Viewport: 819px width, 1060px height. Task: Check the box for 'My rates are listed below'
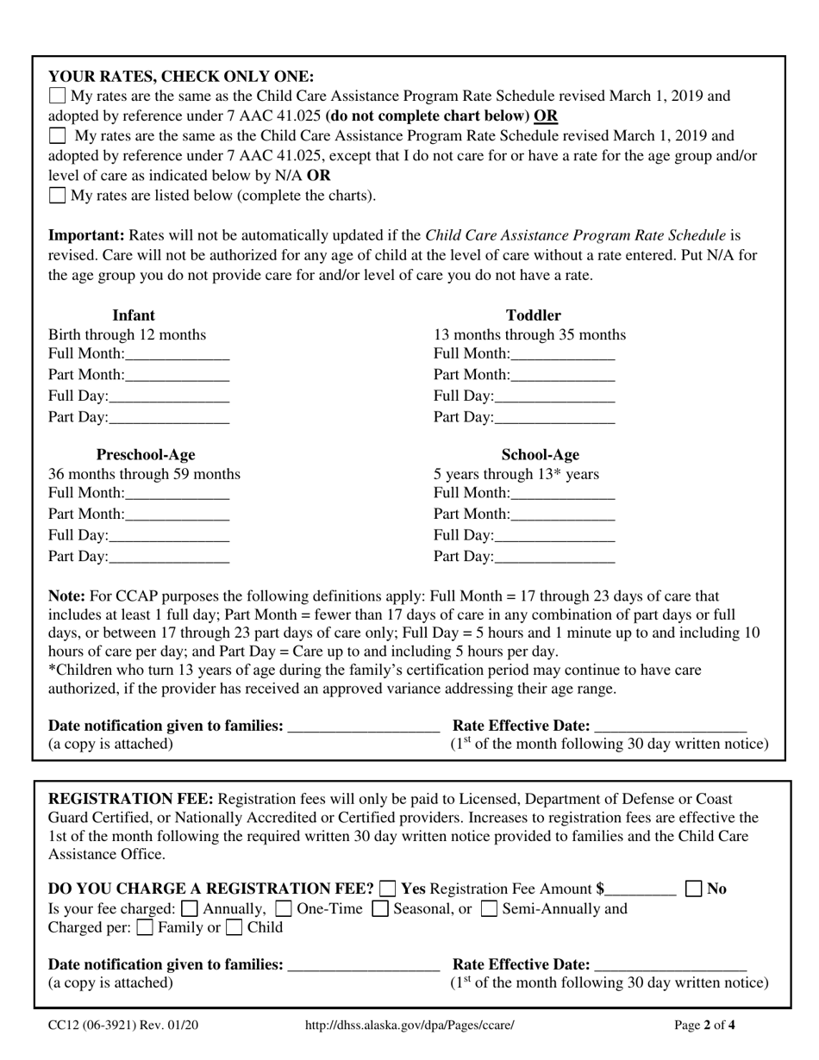point(57,195)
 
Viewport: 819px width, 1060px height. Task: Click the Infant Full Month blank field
point(177,354)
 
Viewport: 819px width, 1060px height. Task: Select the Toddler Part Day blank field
point(554,418)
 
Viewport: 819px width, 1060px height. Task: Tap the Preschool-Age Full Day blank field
point(169,536)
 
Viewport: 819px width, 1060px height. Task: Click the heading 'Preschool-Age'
point(146,454)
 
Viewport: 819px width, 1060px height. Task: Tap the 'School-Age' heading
point(540,454)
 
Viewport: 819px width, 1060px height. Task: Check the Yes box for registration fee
point(389,889)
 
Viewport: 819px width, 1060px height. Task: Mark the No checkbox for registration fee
point(694,889)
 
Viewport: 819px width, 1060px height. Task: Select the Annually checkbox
point(191,908)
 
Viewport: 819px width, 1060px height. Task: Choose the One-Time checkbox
point(283,908)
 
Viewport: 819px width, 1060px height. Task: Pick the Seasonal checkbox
point(380,908)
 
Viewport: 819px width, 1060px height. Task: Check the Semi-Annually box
point(489,908)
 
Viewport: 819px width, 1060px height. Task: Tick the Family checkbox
point(146,928)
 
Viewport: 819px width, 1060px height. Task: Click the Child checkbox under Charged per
point(234,928)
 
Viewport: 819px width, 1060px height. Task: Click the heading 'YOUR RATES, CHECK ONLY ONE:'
point(181,76)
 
